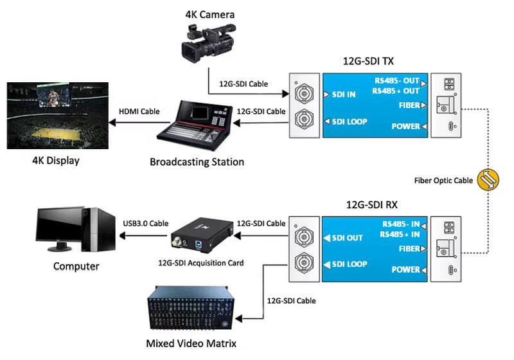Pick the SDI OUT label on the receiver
tap(347, 238)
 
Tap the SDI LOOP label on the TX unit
tap(350, 121)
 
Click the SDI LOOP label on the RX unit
tap(350, 264)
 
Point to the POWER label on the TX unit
tap(405, 127)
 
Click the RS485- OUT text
tap(396, 81)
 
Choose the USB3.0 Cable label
tap(145, 223)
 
